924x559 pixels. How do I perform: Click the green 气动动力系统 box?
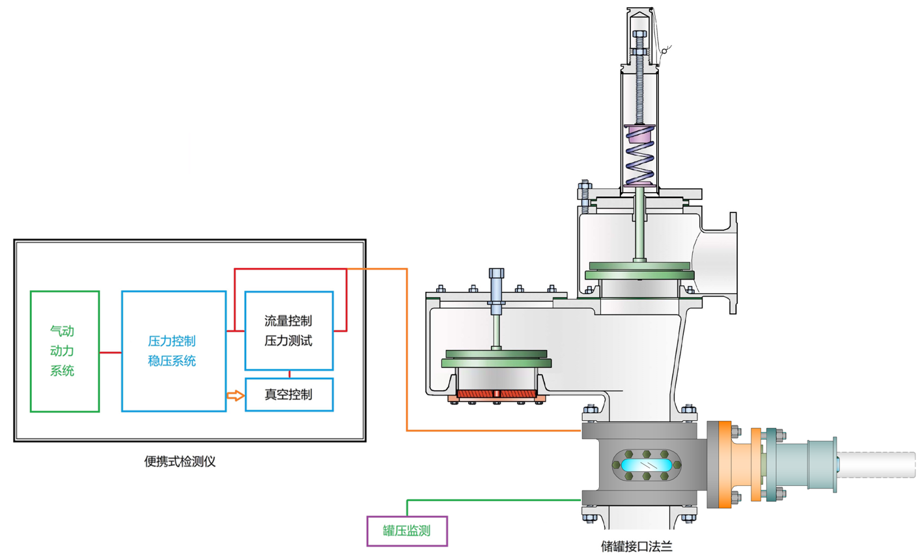tap(64, 351)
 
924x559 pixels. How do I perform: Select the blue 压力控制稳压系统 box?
tap(173, 351)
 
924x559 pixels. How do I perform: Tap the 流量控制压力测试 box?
tap(288, 331)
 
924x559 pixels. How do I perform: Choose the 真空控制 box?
tap(288, 395)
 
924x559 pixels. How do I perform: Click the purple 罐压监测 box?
tap(407, 531)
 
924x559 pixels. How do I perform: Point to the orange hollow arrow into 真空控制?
tap(235, 395)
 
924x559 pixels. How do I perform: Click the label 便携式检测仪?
tap(180, 462)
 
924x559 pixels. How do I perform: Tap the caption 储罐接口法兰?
tap(636, 547)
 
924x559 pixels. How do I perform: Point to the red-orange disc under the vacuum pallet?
tap(496, 394)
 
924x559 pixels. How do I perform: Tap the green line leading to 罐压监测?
tap(495, 500)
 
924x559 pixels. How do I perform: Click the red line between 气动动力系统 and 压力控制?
tap(110, 352)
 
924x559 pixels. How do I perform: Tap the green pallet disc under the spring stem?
tap(639, 270)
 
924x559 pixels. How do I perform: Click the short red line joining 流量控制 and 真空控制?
tap(289, 374)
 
